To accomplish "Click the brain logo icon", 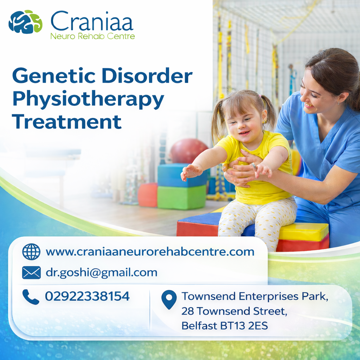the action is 25,22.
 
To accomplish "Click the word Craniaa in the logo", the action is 92,21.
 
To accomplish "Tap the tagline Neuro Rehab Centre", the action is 92,36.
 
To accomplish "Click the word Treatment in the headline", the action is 66,121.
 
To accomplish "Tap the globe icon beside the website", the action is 31,252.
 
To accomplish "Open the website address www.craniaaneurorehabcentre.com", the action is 150,252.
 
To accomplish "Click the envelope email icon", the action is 31,272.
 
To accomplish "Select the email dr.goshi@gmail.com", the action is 102,273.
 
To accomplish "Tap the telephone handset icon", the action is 31,297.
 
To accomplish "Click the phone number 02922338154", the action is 87,296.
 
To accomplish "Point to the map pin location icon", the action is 169,300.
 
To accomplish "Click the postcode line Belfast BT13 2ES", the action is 225,326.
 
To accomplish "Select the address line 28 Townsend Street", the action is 234,311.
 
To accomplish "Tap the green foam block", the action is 182,197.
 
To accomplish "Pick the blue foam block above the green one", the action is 182,175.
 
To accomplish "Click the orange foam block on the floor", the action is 148,195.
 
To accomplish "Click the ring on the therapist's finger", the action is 254,166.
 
